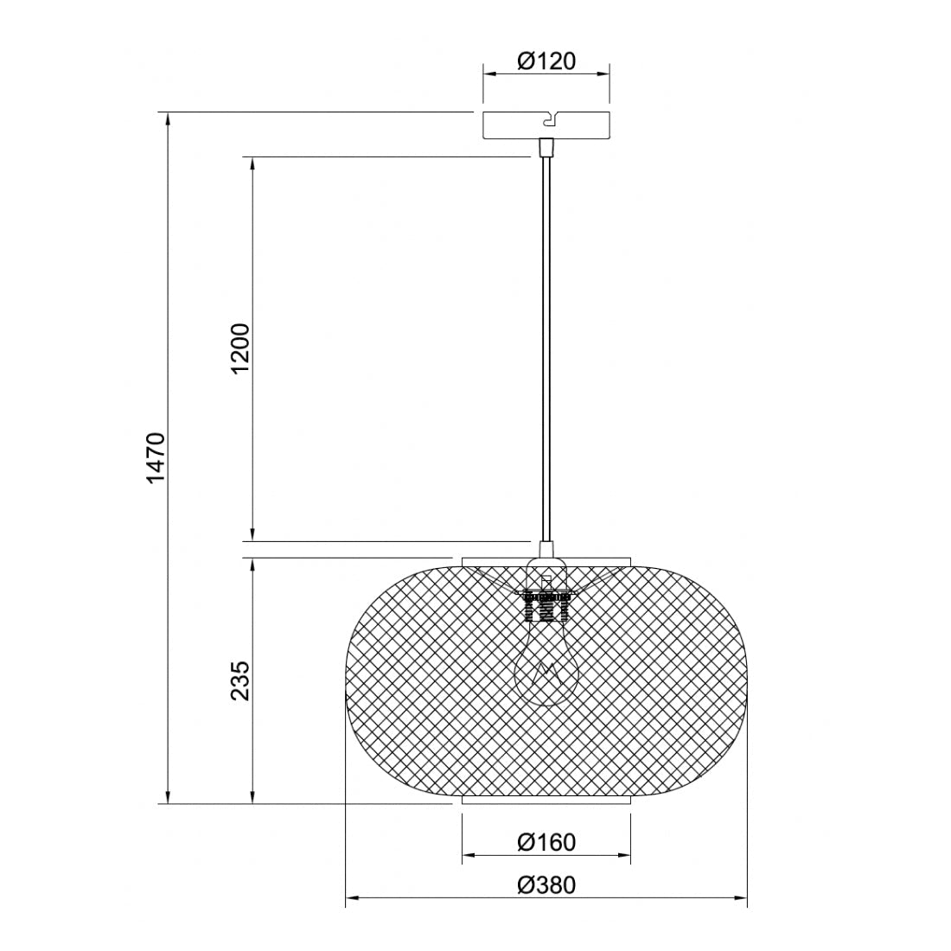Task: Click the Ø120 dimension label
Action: (546, 61)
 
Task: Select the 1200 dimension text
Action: (240, 348)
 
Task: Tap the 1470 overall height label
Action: (155, 457)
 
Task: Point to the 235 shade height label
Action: (240, 680)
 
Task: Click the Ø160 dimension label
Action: (546, 841)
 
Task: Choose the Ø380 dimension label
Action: (546, 884)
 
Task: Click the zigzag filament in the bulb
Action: (546, 671)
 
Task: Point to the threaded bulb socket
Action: (546, 605)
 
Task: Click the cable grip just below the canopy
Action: (546, 148)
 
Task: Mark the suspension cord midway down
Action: (546, 346)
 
